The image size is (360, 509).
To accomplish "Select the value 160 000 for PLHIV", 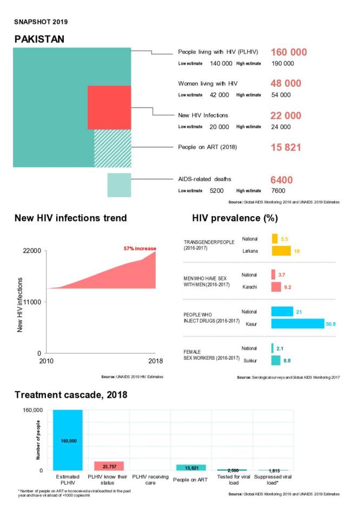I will click(x=288, y=53).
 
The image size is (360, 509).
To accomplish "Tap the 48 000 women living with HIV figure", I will click(x=285, y=83).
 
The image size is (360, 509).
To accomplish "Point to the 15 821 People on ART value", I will click(x=285, y=147).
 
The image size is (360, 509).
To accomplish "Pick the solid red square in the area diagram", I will click(x=109, y=107).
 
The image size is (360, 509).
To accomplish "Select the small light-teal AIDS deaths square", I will click(x=119, y=185).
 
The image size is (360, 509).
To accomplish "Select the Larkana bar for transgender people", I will click(x=281, y=251).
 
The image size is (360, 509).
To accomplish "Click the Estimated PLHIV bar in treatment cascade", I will click(x=68, y=440).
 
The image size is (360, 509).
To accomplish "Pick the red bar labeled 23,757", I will click(x=109, y=466).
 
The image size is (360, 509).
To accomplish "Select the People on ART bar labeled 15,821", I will click(x=191, y=467).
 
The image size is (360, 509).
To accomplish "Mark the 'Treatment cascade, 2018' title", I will click(x=70, y=395).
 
